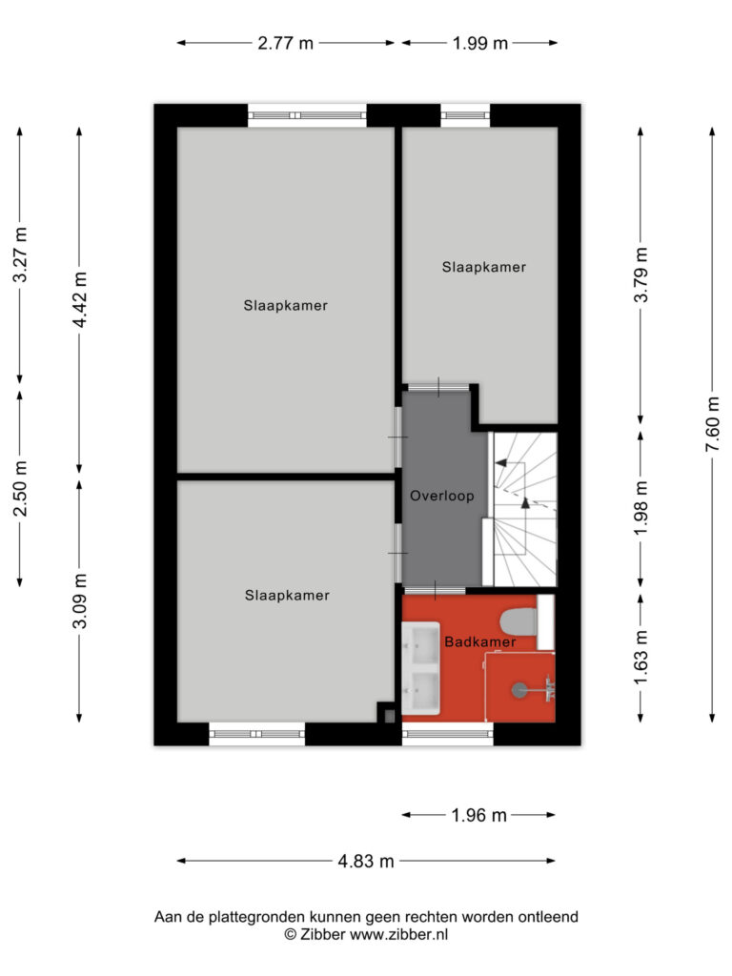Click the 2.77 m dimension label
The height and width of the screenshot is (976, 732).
pyautogui.click(x=286, y=43)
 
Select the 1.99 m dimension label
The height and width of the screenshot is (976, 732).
pyautogui.click(x=480, y=43)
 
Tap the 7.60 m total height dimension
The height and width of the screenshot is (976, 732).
pyautogui.click(x=713, y=424)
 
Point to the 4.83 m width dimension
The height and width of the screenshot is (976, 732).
pyautogui.click(x=366, y=861)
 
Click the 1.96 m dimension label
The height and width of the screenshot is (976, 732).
pyautogui.click(x=478, y=815)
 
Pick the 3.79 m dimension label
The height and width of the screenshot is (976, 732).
pyautogui.click(x=640, y=274)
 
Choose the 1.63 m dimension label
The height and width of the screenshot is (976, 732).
pyautogui.click(x=640, y=658)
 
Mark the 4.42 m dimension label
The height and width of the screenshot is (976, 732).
pyautogui.click(x=79, y=299)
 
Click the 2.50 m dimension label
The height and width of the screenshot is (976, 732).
pyautogui.click(x=20, y=489)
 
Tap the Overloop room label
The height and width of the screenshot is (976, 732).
pyautogui.click(x=442, y=496)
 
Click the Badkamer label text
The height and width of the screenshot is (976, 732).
pyautogui.click(x=480, y=641)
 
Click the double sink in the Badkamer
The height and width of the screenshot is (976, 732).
pyautogui.click(x=420, y=668)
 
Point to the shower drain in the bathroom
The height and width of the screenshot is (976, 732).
pyautogui.click(x=519, y=690)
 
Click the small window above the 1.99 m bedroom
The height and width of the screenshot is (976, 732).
pyautogui.click(x=465, y=115)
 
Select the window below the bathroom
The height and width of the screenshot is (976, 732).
pyautogui.click(x=448, y=735)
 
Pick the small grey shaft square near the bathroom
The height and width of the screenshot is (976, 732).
pyautogui.click(x=389, y=717)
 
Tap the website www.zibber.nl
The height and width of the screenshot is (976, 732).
pyautogui.click(x=399, y=934)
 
